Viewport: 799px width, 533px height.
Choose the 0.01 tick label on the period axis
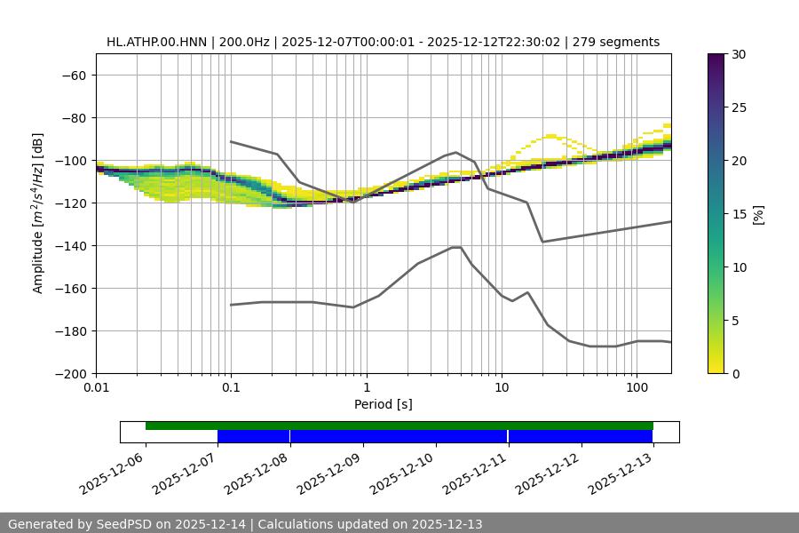[96, 388]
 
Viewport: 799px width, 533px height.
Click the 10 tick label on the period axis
[502, 388]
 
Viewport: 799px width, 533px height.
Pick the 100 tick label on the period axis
[637, 388]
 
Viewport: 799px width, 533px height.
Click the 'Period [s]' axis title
[384, 404]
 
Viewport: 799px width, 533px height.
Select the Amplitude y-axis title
[38, 213]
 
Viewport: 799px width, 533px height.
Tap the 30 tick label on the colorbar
[739, 54]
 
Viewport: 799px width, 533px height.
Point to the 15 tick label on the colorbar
[739, 214]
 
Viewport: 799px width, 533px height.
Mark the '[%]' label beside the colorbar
[758, 214]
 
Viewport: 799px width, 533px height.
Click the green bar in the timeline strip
[399, 426]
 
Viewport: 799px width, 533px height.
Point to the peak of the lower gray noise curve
[456, 247]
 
